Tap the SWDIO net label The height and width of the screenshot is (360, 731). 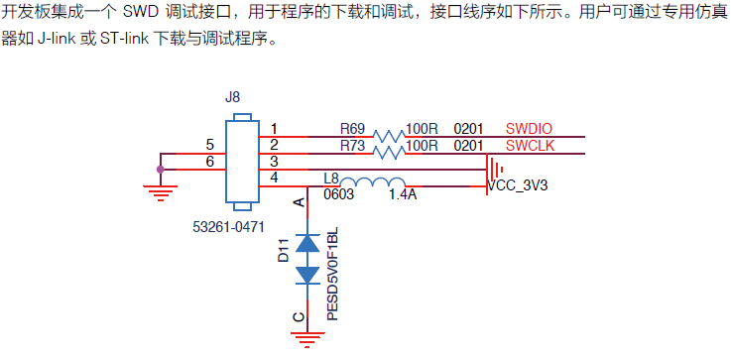click(x=529, y=129)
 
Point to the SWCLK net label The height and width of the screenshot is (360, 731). click(x=530, y=146)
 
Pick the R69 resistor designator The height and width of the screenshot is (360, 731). click(x=353, y=129)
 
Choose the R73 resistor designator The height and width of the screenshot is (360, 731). click(x=353, y=146)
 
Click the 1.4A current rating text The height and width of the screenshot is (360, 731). click(x=403, y=195)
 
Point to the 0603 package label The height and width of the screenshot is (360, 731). click(x=341, y=195)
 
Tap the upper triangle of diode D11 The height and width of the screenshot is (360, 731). click(x=306, y=242)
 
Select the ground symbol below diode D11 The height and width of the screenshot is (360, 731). click(x=306, y=339)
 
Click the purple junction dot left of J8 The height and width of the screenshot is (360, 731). click(x=161, y=170)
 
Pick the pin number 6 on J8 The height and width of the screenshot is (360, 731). click(x=209, y=162)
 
